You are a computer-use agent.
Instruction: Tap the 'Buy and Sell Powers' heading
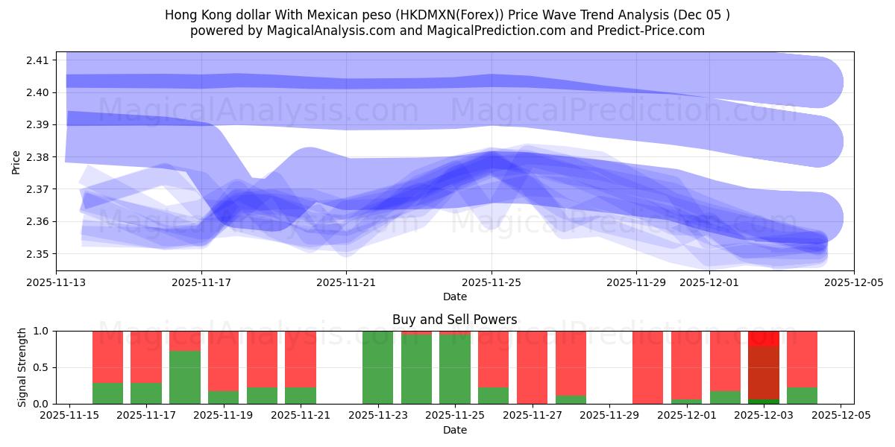[x=454, y=320]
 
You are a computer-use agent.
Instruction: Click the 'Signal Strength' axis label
[x=22, y=367]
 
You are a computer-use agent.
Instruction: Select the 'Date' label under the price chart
[x=454, y=297]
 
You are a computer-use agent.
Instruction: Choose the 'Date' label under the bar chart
[x=454, y=430]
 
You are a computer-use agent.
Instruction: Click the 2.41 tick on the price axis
[x=38, y=60]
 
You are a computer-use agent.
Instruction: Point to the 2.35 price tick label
[x=38, y=254]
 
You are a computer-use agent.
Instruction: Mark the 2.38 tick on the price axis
[x=38, y=157]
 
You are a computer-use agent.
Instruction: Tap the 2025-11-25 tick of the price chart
[x=491, y=282]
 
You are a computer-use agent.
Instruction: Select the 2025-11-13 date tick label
[x=57, y=282]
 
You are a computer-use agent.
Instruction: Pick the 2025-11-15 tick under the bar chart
[x=69, y=416]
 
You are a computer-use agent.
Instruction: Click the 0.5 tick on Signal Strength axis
[x=42, y=367]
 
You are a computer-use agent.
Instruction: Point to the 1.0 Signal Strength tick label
[x=42, y=331]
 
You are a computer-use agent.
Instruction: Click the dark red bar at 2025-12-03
[x=764, y=372]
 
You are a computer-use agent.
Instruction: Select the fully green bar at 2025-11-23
[x=377, y=367]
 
